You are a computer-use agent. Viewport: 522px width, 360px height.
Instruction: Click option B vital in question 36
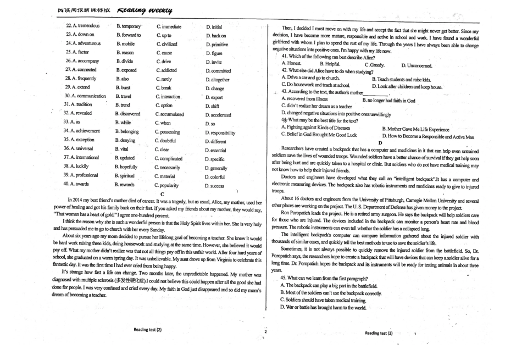[x=121, y=149]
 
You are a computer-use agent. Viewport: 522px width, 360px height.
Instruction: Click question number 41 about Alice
[x=286, y=57]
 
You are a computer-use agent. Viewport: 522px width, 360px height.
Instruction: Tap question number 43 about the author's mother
[x=286, y=92]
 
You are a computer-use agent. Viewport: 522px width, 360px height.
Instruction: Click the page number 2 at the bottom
[x=265, y=332]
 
